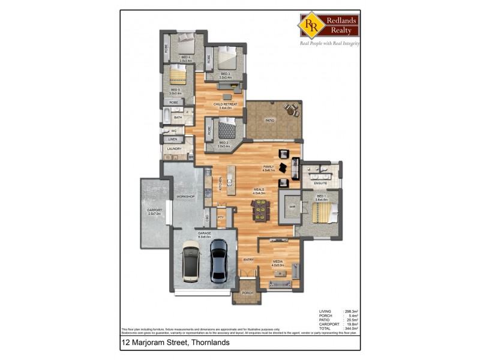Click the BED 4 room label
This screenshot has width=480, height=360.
[186, 58]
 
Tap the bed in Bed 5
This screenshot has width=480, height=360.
[177, 76]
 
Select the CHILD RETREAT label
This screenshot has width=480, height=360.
[226, 104]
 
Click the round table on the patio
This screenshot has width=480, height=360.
[291, 109]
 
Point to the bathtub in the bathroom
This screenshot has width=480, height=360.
[167, 117]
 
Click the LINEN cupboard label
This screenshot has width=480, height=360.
[172, 139]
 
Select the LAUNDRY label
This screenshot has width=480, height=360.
[174, 149]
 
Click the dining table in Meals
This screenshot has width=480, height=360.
[261, 210]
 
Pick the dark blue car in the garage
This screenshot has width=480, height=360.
[219, 260]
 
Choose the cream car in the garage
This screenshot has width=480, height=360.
[191, 261]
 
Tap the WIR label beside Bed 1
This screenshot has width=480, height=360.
[292, 207]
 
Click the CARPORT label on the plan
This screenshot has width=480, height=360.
[154, 211]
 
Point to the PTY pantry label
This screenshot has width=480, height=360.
[221, 217]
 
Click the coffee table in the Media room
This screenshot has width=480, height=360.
[278, 274]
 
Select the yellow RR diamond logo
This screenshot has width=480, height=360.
[311, 25]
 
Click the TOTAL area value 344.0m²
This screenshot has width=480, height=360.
[351, 328]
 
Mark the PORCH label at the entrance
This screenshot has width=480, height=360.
[247, 293]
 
